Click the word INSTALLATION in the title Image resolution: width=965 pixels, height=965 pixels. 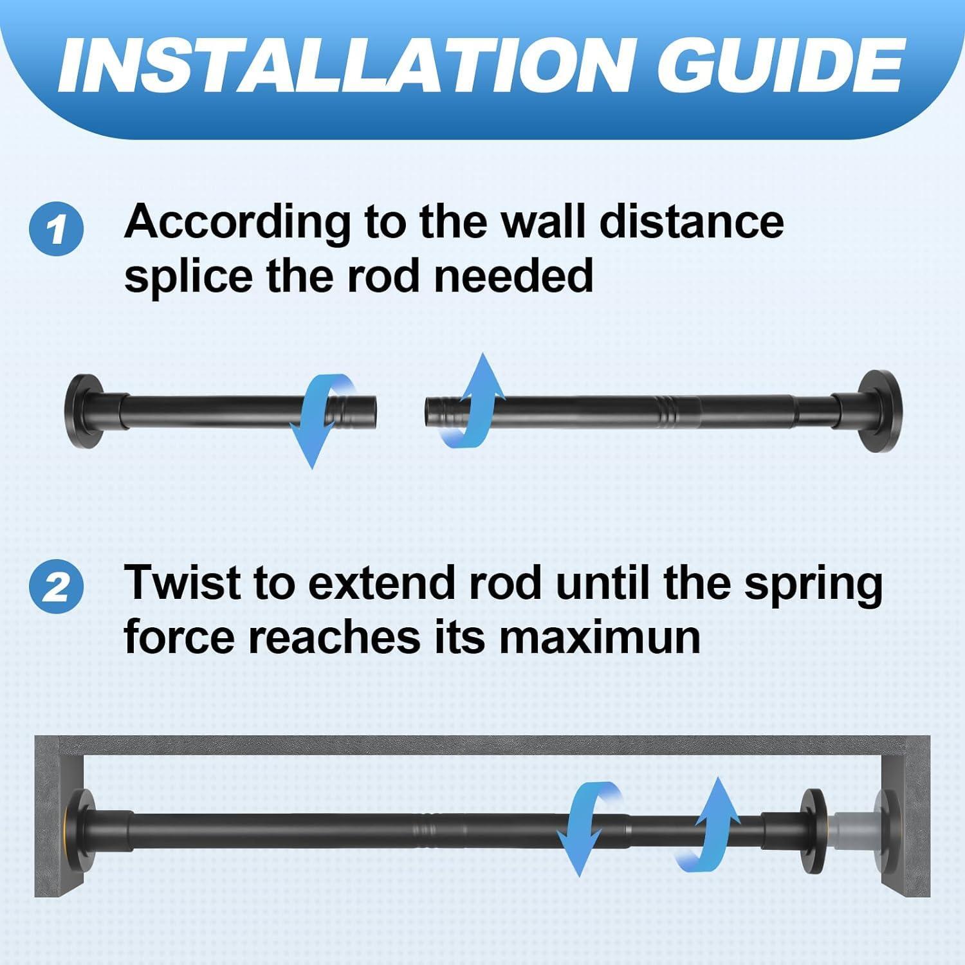tap(335, 66)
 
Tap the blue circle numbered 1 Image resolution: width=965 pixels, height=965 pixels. tap(57, 230)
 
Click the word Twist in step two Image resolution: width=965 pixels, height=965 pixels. tap(183, 582)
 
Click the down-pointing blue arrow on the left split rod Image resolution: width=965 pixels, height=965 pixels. tap(320, 421)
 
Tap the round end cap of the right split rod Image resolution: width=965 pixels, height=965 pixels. tap(880, 407)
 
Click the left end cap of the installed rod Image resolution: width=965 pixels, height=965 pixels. tap(87, 825)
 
